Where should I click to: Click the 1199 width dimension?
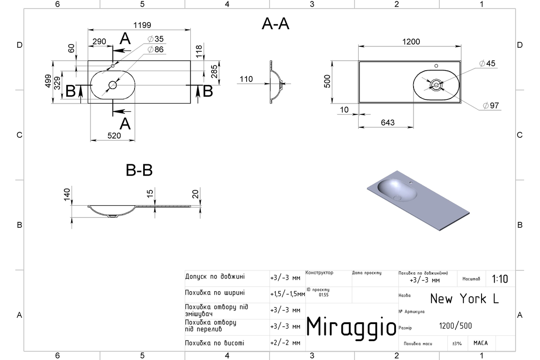(142, 25)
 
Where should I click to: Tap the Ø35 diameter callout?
(156, 39)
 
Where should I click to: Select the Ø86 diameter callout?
(156, 49)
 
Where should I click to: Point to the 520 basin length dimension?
(114, 136)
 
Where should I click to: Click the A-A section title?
(275, 24)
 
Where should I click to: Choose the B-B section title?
(139, 170)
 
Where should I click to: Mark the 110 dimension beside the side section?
(246, 79)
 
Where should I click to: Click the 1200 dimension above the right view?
(411, 42)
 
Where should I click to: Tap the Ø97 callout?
(491, 106)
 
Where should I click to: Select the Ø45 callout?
(487, 63)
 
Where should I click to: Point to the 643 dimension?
(387, 123)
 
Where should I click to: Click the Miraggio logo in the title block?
(351, 328)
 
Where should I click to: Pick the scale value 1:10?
(500, 279)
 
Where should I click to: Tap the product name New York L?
(464, 299)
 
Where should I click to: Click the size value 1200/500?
(455, 326)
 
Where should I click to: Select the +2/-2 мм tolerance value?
(285, 343)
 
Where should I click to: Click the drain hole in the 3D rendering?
(397, 198)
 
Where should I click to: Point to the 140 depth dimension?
(67, 194)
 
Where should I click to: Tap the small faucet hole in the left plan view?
(112, 66)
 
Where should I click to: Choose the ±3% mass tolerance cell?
(457, 344)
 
